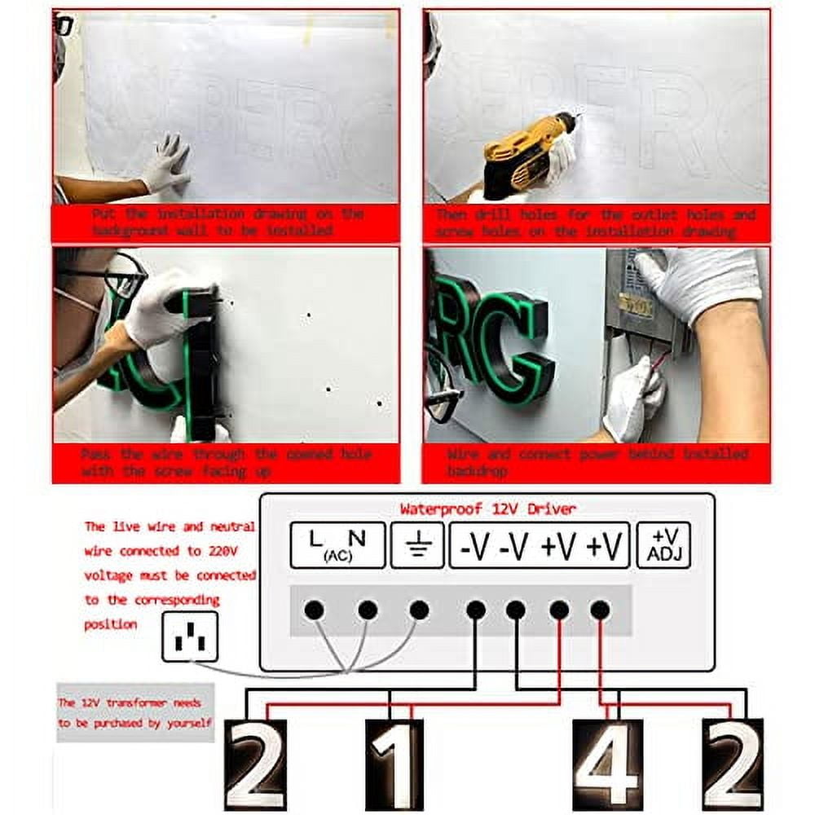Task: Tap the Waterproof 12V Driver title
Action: point(487,509)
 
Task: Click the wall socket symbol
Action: point(189,637)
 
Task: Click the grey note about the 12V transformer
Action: point(134,712)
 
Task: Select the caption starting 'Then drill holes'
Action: point(595,222)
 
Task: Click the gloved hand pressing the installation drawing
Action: point(167,163)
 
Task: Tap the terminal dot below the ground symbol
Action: point(419,610)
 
